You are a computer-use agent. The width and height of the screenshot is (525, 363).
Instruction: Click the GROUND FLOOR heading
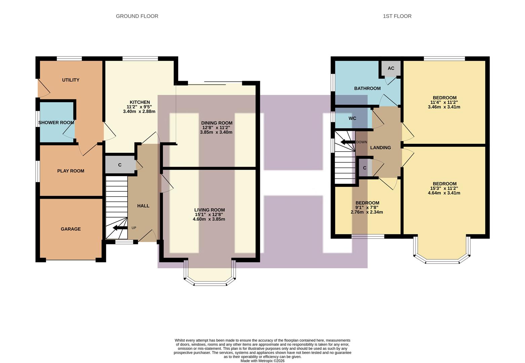pos(137,16)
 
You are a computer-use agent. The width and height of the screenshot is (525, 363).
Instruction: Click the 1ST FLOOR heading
pos(397,16)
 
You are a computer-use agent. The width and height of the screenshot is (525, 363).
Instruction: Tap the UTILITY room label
pos(71,80)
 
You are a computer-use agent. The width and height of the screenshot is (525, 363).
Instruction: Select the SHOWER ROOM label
pos(56,123)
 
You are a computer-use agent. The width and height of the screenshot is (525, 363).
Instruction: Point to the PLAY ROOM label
pos(71,171)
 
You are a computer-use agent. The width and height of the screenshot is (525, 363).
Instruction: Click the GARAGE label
pos(71,229)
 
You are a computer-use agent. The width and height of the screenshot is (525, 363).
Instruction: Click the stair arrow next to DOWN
pos(348,142)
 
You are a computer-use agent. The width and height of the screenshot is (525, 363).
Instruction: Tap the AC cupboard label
pos(391,68)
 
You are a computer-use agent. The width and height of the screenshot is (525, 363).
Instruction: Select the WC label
pos(352,118)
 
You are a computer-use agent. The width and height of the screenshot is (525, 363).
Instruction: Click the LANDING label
pos(380,148)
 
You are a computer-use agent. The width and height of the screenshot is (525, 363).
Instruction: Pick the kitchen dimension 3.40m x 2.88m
pos(139,111)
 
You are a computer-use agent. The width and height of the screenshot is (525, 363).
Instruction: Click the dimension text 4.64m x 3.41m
pos(444,193)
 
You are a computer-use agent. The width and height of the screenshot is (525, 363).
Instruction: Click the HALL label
pos(143,206)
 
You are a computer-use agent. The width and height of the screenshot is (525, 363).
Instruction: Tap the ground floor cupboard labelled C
pos(120,165)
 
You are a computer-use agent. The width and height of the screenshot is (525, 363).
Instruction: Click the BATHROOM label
pos(367,88)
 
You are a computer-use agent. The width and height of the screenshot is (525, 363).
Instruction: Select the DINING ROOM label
pos(217,123)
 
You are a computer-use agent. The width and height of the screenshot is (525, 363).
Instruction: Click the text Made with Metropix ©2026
pos(262,361)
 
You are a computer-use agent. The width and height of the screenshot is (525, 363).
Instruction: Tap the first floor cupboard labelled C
pos(365,168)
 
